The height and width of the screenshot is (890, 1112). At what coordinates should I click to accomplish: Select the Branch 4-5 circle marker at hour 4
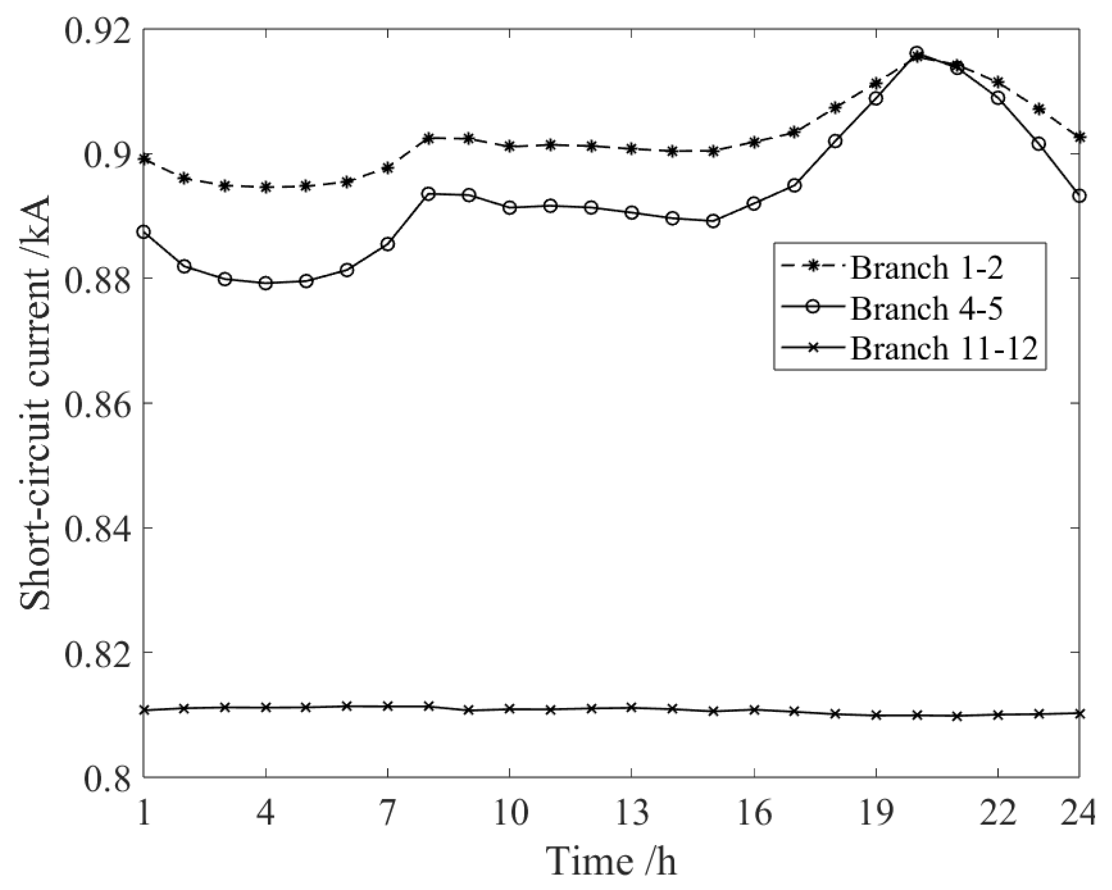pyautogui.click(x=266, y=283)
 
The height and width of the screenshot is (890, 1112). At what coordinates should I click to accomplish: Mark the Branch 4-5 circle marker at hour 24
pyautogui.click(x=1079, y=196)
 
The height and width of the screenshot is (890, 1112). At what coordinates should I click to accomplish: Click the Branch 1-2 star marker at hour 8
pyautogui.click(x=428, y=138)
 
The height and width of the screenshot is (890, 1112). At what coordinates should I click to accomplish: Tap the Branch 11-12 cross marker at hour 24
pyautogui.click(x=1079, y=713)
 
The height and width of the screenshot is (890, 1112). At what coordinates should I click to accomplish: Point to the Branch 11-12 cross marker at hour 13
pyautogui.click(x=631, y=707)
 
